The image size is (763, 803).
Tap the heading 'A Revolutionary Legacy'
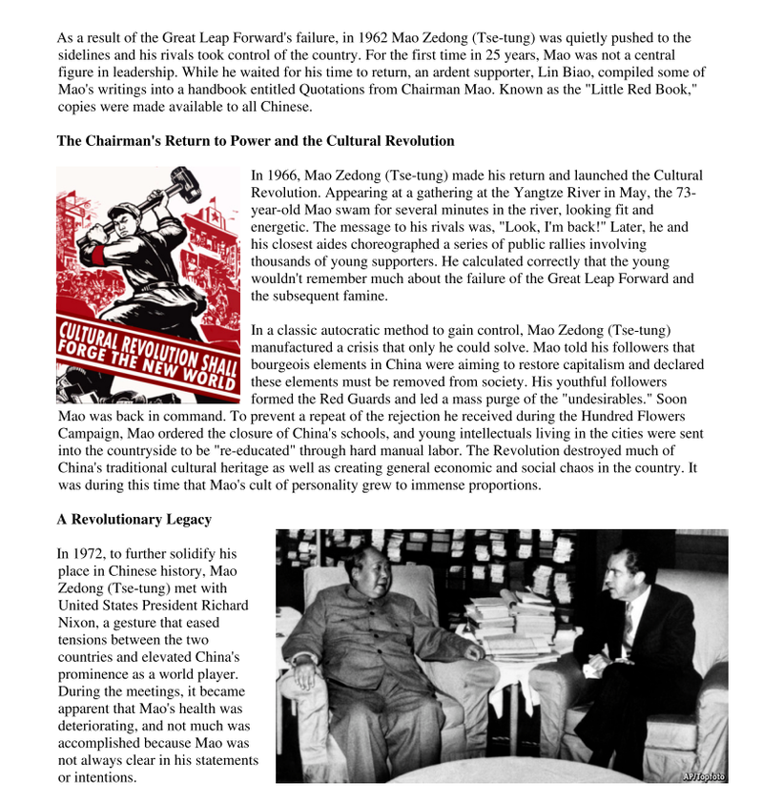coord(134,520)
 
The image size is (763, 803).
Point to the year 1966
coord(282,175)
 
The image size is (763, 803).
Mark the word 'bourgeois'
coord(280,364)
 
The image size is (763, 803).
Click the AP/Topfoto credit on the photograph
coord(704,776)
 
